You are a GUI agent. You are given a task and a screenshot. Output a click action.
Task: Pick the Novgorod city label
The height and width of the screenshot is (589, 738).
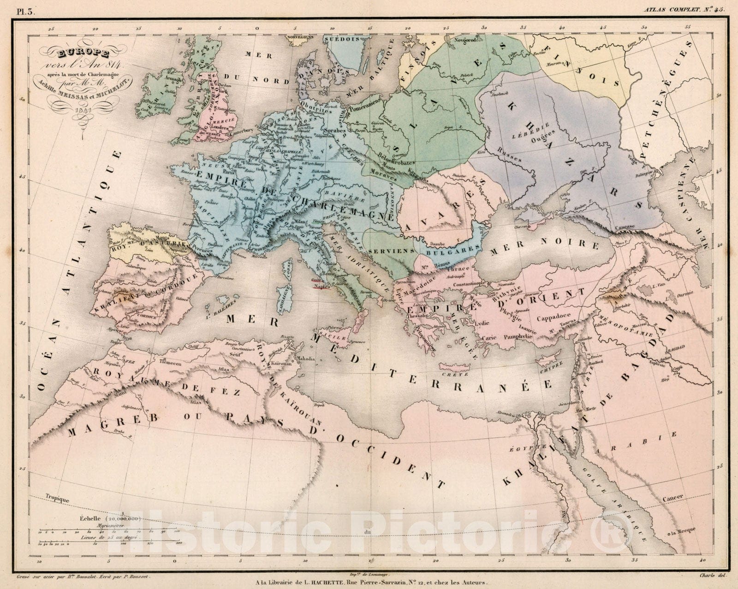pos(465,40)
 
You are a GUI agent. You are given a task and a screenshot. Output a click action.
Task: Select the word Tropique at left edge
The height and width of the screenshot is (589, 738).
pos(58,499)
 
